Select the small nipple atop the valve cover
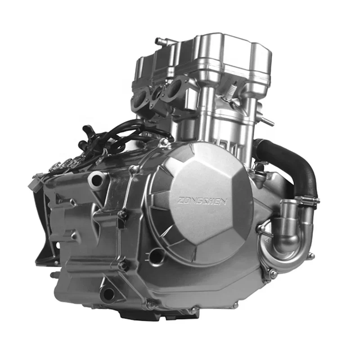(x=159, y=41)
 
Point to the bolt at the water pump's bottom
(x=273, y=274)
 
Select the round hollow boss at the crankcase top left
(x=97, y=180)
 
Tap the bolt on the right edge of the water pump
(x=310, y=256)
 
